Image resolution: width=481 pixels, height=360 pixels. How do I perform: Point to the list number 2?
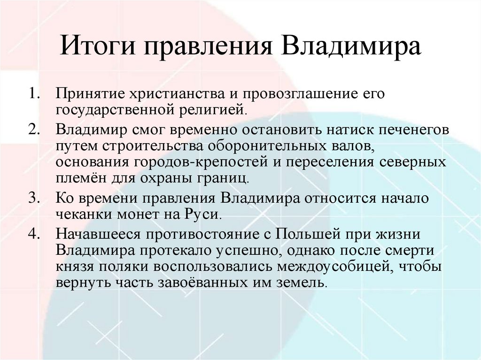click(x=34, y=129)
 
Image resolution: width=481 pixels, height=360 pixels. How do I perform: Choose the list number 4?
click(x=34, y=233)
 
